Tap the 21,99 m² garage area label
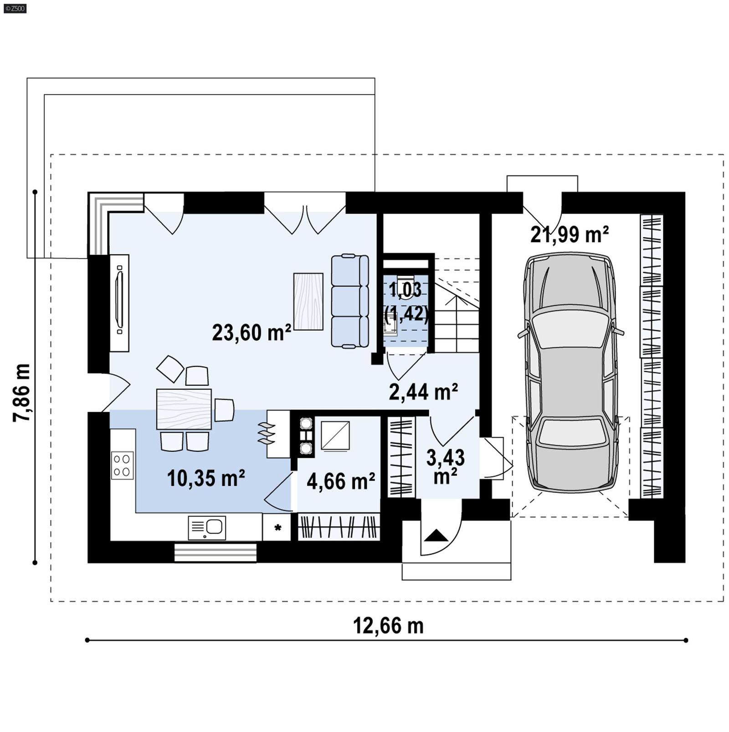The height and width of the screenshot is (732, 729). (x=569, y=235)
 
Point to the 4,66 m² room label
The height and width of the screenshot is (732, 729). (x=340, y=481)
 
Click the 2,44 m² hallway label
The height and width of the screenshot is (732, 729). (x=423, y=392)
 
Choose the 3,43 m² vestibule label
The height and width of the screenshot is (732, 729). (x=445, y=466)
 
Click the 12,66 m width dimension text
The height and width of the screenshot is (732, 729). (x=388, y=626)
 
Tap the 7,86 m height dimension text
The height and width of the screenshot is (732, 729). (x=22, y=393)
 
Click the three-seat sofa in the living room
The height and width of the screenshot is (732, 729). (x=349, y=301)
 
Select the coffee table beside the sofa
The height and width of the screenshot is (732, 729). (x=308, y=301)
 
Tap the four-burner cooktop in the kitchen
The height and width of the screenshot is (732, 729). (x=122, y=465)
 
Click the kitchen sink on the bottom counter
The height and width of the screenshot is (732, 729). (x=207, y=527)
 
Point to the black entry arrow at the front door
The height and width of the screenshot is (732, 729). (x=436, y=535)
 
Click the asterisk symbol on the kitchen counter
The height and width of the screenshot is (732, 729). (x=277, y=528)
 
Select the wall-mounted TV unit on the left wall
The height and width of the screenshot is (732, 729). (x=119, y=303)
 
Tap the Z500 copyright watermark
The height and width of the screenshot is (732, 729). (x=15, y=8)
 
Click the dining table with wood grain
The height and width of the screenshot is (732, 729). (x=184, y=409)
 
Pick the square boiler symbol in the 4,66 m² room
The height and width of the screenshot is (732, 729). (x=335, y=436)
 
